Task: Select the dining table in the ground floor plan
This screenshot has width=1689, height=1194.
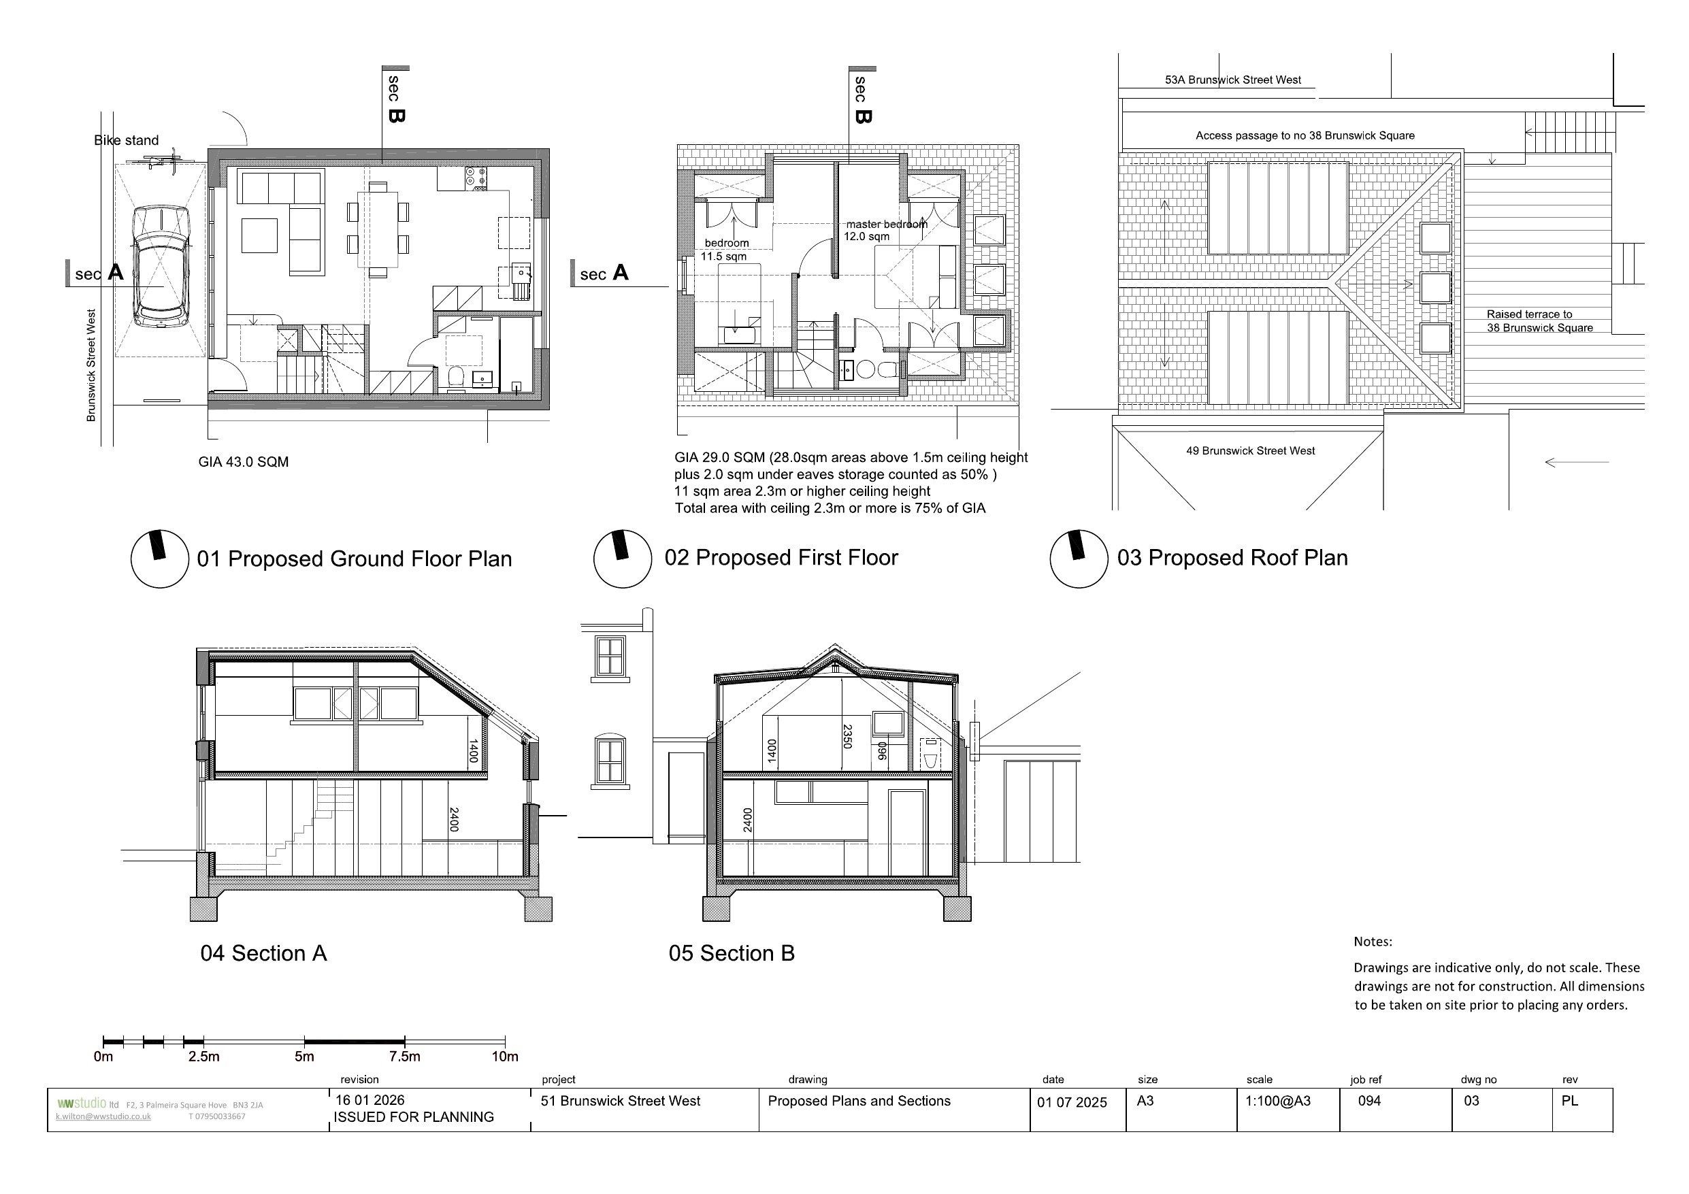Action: [x=378, y=229]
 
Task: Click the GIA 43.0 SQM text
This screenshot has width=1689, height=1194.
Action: [x=244, y=462]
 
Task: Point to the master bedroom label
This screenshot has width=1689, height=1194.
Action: [x=886, y=225]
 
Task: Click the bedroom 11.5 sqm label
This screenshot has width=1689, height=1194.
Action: [x=725, y=250]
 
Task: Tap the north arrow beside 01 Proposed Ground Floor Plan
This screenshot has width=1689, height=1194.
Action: [x=160, y=559]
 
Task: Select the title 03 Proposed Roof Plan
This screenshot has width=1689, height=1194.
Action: [x=1232, y=558]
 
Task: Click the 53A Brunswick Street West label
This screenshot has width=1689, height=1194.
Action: [x=1233, y=80]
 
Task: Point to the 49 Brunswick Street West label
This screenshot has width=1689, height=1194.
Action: [x=1251, y=451]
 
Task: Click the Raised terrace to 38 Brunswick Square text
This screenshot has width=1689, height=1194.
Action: [x=1539, y=320]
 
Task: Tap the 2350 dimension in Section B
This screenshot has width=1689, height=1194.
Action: [x=847, y=736]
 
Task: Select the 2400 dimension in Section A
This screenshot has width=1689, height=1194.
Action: [x=454, y=820]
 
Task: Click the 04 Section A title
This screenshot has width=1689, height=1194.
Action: [x=263, y=953]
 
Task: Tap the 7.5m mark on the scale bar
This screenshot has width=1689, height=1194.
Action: [x=405, y=1057]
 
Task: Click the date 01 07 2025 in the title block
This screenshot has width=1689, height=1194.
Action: [x=1072, y=1102]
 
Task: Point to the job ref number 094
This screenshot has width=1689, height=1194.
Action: [x=1369, y=1101]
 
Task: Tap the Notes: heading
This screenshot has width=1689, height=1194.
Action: [x=1373, y=942]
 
